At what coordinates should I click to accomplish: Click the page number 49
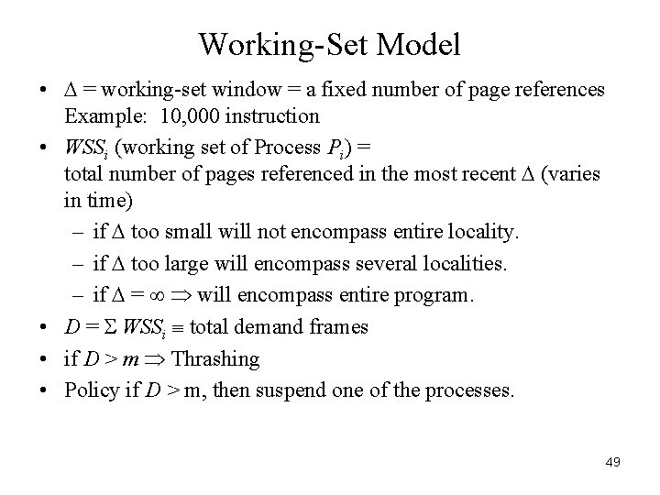612,462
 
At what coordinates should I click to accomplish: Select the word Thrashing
215,359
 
